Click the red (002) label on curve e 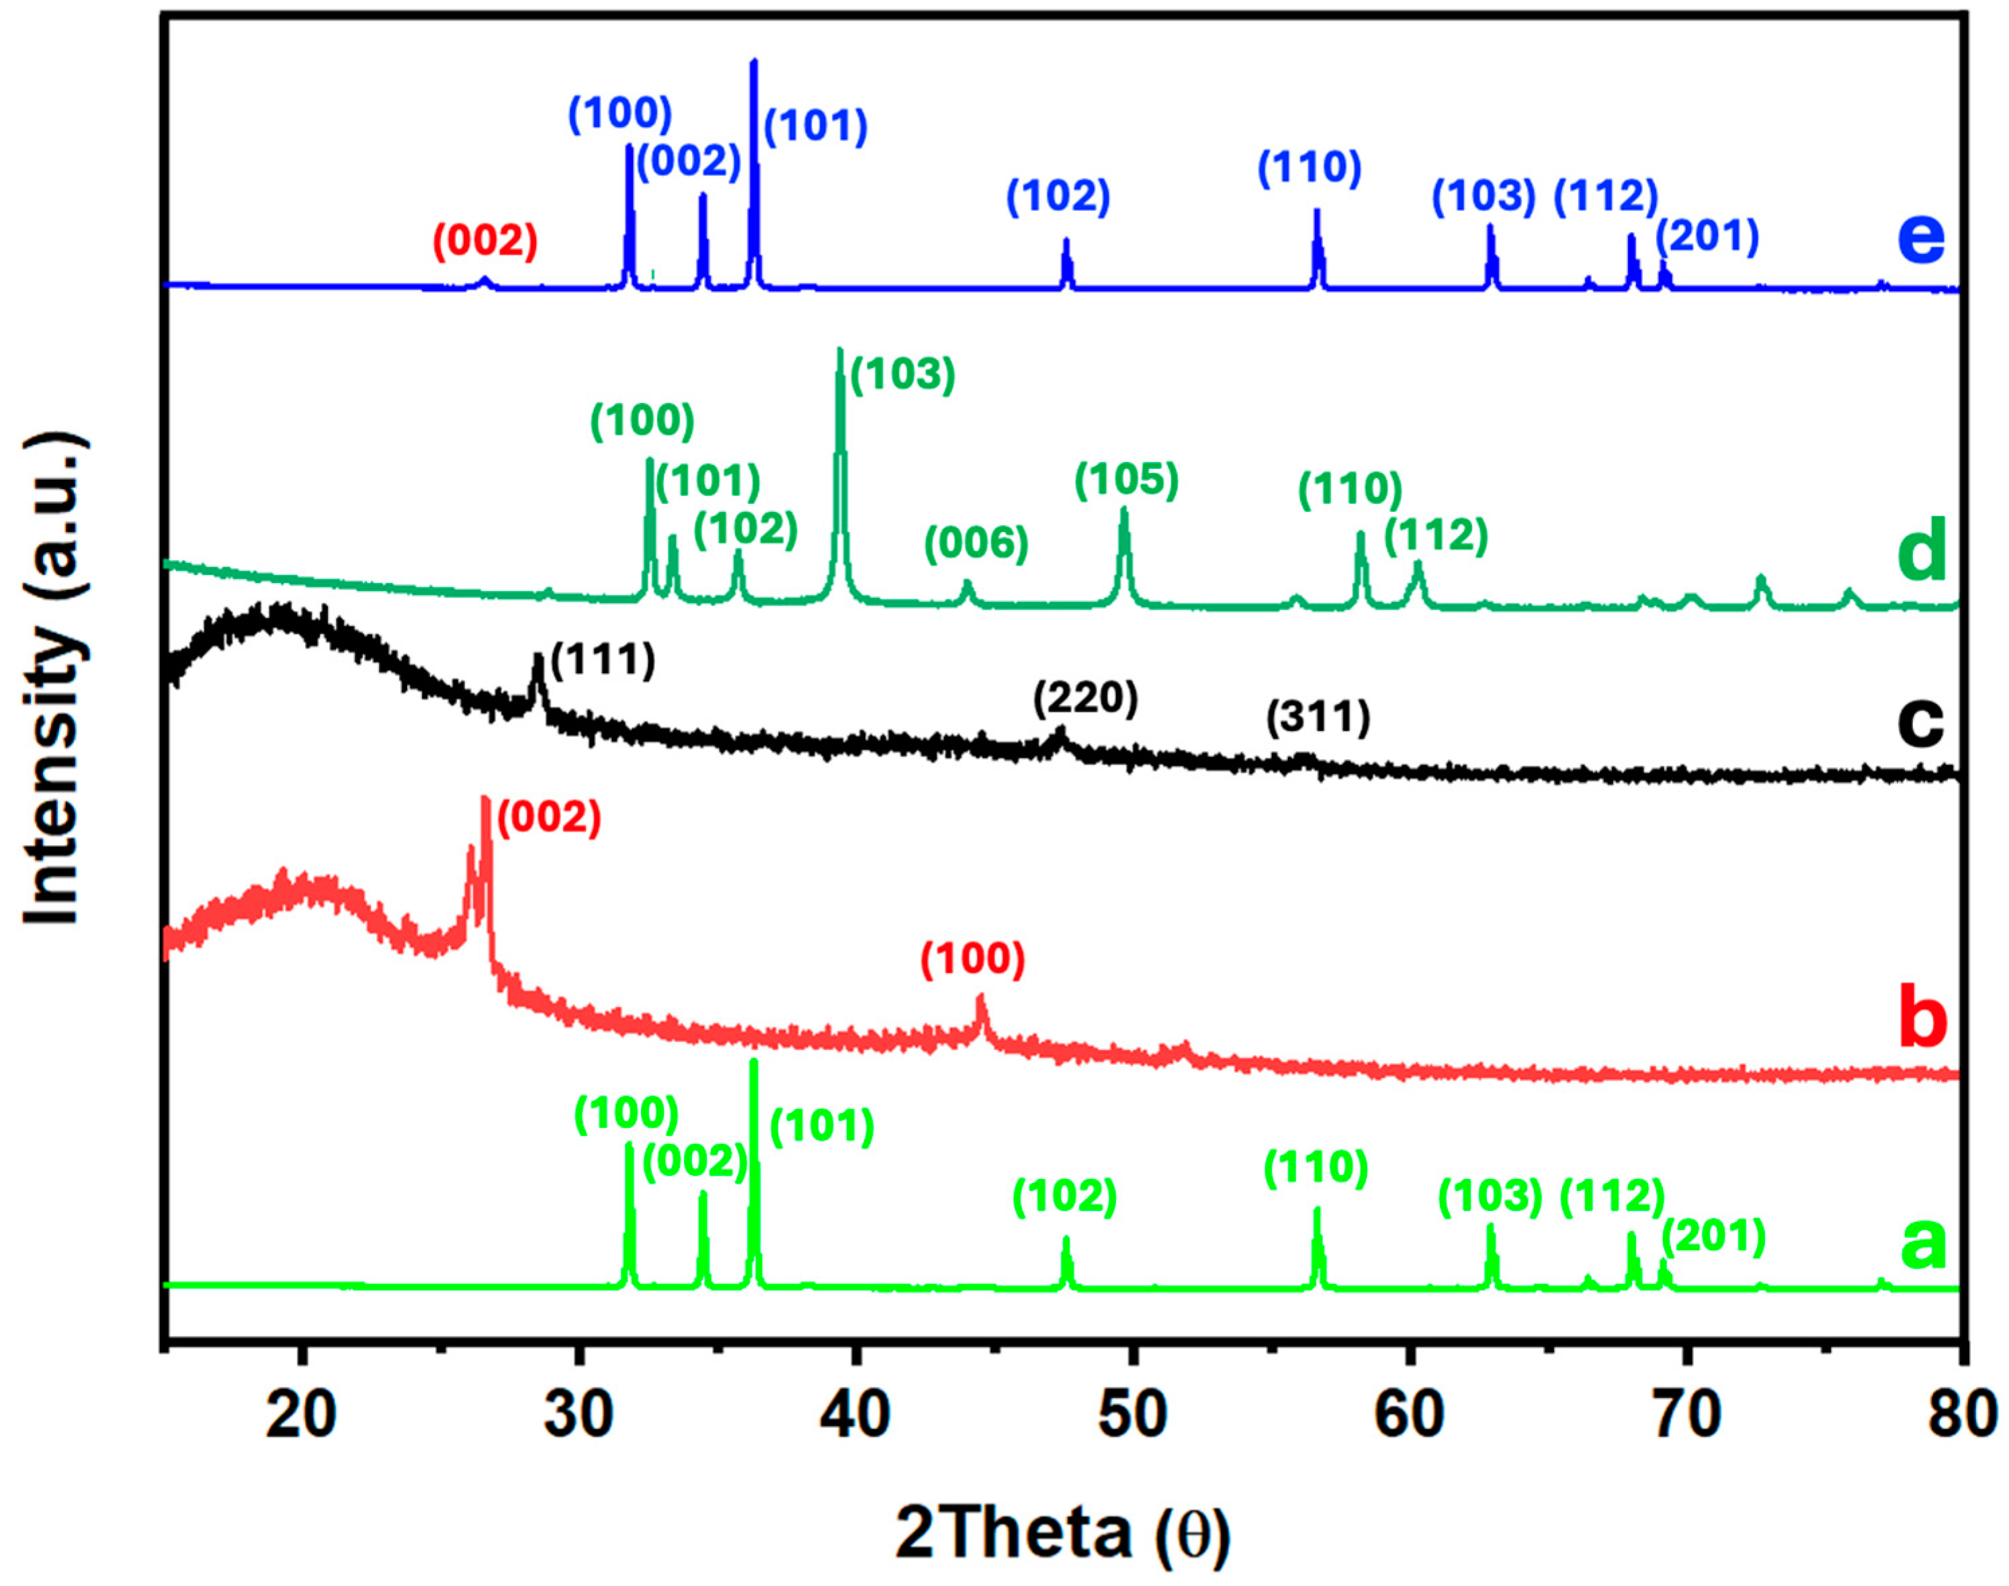485,241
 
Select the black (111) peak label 603,661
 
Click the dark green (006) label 976,543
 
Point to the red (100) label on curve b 972,959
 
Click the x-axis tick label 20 300,1416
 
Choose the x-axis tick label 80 1962,1416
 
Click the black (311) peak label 1318,718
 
